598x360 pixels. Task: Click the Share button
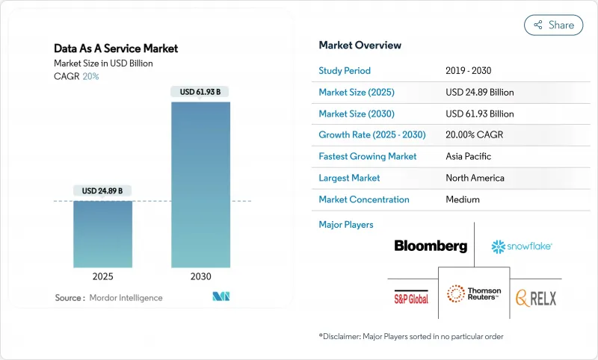click(x=553, y=25)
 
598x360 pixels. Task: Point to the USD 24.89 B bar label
click(x=102, y=191)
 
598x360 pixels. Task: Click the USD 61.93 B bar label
click(x=200, y=93)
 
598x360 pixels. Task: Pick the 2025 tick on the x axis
click(x=102, y=276)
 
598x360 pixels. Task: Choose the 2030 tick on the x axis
click(x=200, y=276)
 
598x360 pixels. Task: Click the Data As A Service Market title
click(x=116, y=49)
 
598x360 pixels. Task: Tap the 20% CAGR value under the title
click(x=90, y=76)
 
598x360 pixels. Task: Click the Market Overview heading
click(x=360, y=46)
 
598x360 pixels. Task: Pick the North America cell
click(x=475, y=178)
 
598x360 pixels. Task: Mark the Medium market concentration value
click(x=463, y=199)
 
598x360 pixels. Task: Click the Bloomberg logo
click(x=431, y=246)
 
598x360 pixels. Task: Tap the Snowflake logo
click(x=522, y=246)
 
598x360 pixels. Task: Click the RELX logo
click(x=534, y=298)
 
